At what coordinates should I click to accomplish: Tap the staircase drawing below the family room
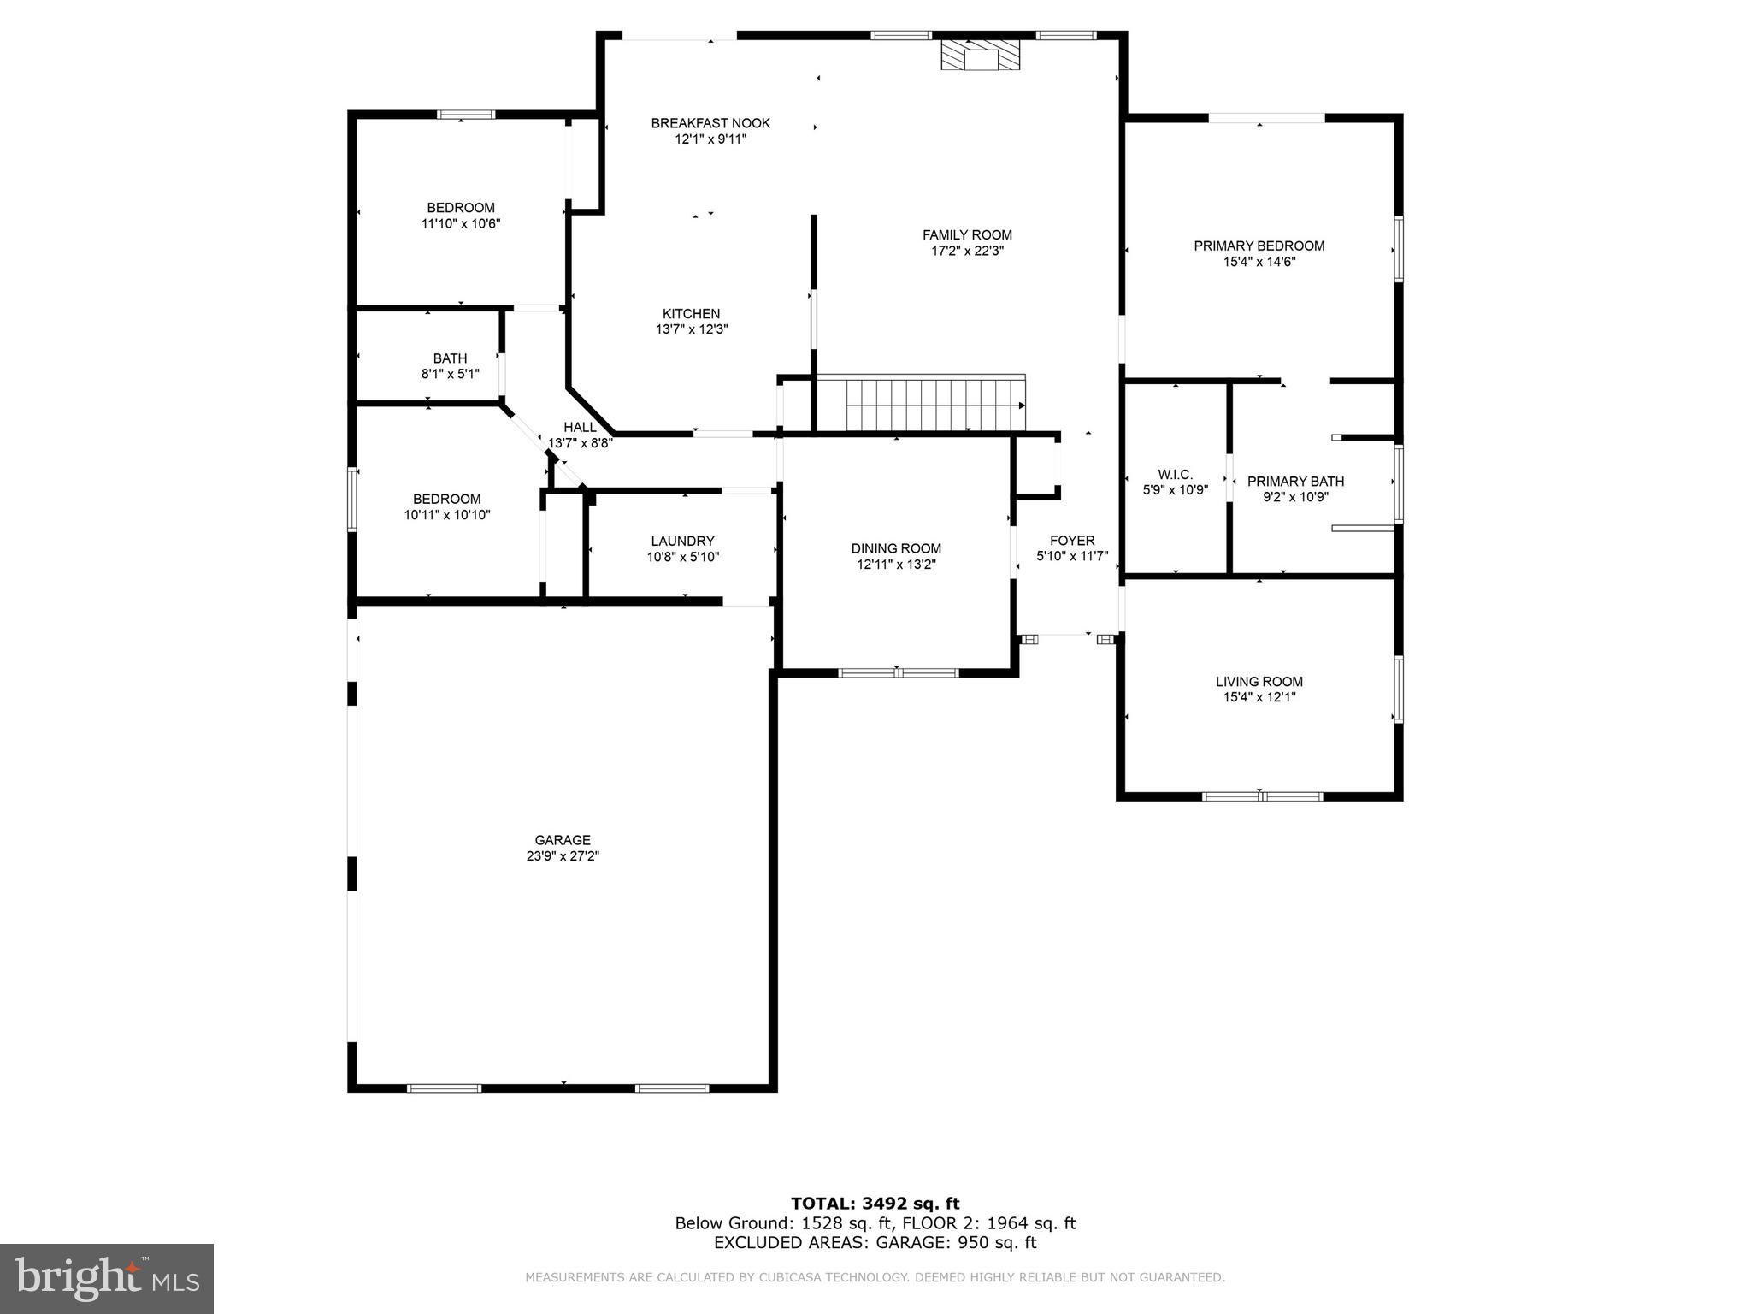934,404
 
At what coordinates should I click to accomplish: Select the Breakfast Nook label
710,123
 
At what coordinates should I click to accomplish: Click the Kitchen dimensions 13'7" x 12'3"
691,329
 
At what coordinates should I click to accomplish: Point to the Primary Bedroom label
1259,246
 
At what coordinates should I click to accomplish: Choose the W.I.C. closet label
1175,475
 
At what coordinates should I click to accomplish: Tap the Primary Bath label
1295,482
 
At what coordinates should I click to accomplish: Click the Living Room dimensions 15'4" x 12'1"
1259,697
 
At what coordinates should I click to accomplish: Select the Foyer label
1072,541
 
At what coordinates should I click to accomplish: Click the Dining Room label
896,548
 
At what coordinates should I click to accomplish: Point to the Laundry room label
682,541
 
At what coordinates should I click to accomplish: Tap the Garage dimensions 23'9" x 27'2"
563,855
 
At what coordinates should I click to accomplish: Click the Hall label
580,427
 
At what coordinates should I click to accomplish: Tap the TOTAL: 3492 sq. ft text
875,1204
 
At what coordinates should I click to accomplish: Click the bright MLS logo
107,1278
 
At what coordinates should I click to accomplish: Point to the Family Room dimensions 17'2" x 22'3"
967,251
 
